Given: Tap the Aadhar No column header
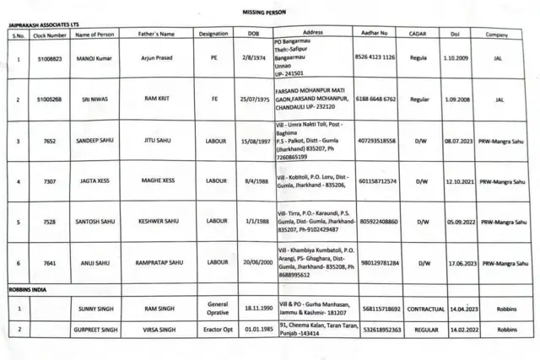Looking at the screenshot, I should pos(372,34).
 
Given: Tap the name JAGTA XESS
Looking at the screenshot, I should pos(94,181).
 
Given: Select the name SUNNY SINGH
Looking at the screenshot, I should pos(94,309).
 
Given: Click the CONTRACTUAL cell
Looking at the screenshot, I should pos(426,309).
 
